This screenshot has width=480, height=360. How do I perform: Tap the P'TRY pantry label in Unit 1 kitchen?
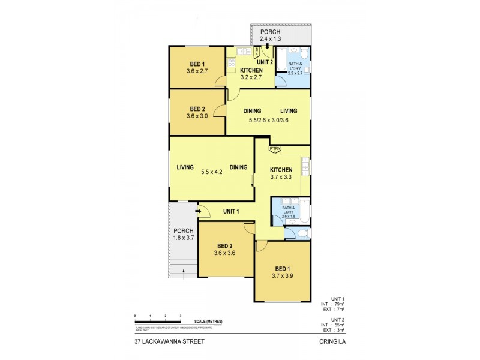275,149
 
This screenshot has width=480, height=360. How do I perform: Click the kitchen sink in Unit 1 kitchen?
305,164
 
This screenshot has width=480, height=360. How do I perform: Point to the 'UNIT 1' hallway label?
231,211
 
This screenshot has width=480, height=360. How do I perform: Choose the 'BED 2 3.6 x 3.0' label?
197,112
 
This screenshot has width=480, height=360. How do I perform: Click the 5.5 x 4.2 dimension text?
211,172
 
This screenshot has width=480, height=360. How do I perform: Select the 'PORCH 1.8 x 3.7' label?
183,235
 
